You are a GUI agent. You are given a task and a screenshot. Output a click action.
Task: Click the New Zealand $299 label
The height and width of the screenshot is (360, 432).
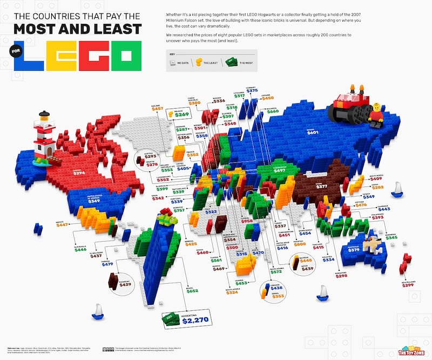pyautogui.click(x=408, y=284)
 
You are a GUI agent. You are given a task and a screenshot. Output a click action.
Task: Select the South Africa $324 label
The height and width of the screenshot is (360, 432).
pyautogui.click(x=232, y=292)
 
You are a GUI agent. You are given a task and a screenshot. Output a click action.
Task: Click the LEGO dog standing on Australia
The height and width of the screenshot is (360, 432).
pyautogui.click(x=372, y=244)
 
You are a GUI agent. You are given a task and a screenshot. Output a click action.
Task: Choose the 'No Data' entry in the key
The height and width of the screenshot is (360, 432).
pyautogui.click(x=177, y=63)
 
